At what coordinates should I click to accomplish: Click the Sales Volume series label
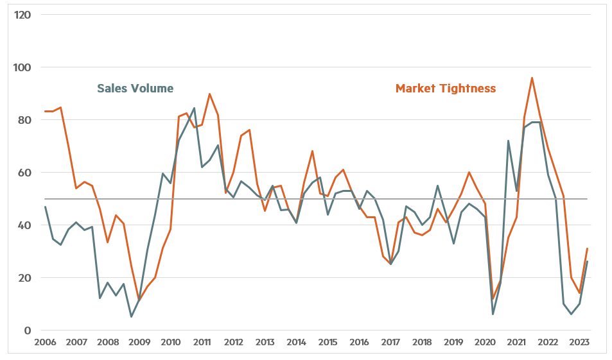pos(135,88)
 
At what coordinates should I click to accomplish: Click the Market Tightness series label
pos(445,88)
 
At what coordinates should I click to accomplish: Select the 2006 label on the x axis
pos(45,342)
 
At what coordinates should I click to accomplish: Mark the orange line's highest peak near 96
pos(532,78)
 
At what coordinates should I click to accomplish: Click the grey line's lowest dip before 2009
pos(131,316)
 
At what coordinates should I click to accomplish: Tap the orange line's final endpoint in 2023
pos(587,248)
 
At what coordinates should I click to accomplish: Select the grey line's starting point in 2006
pos(45,207)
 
